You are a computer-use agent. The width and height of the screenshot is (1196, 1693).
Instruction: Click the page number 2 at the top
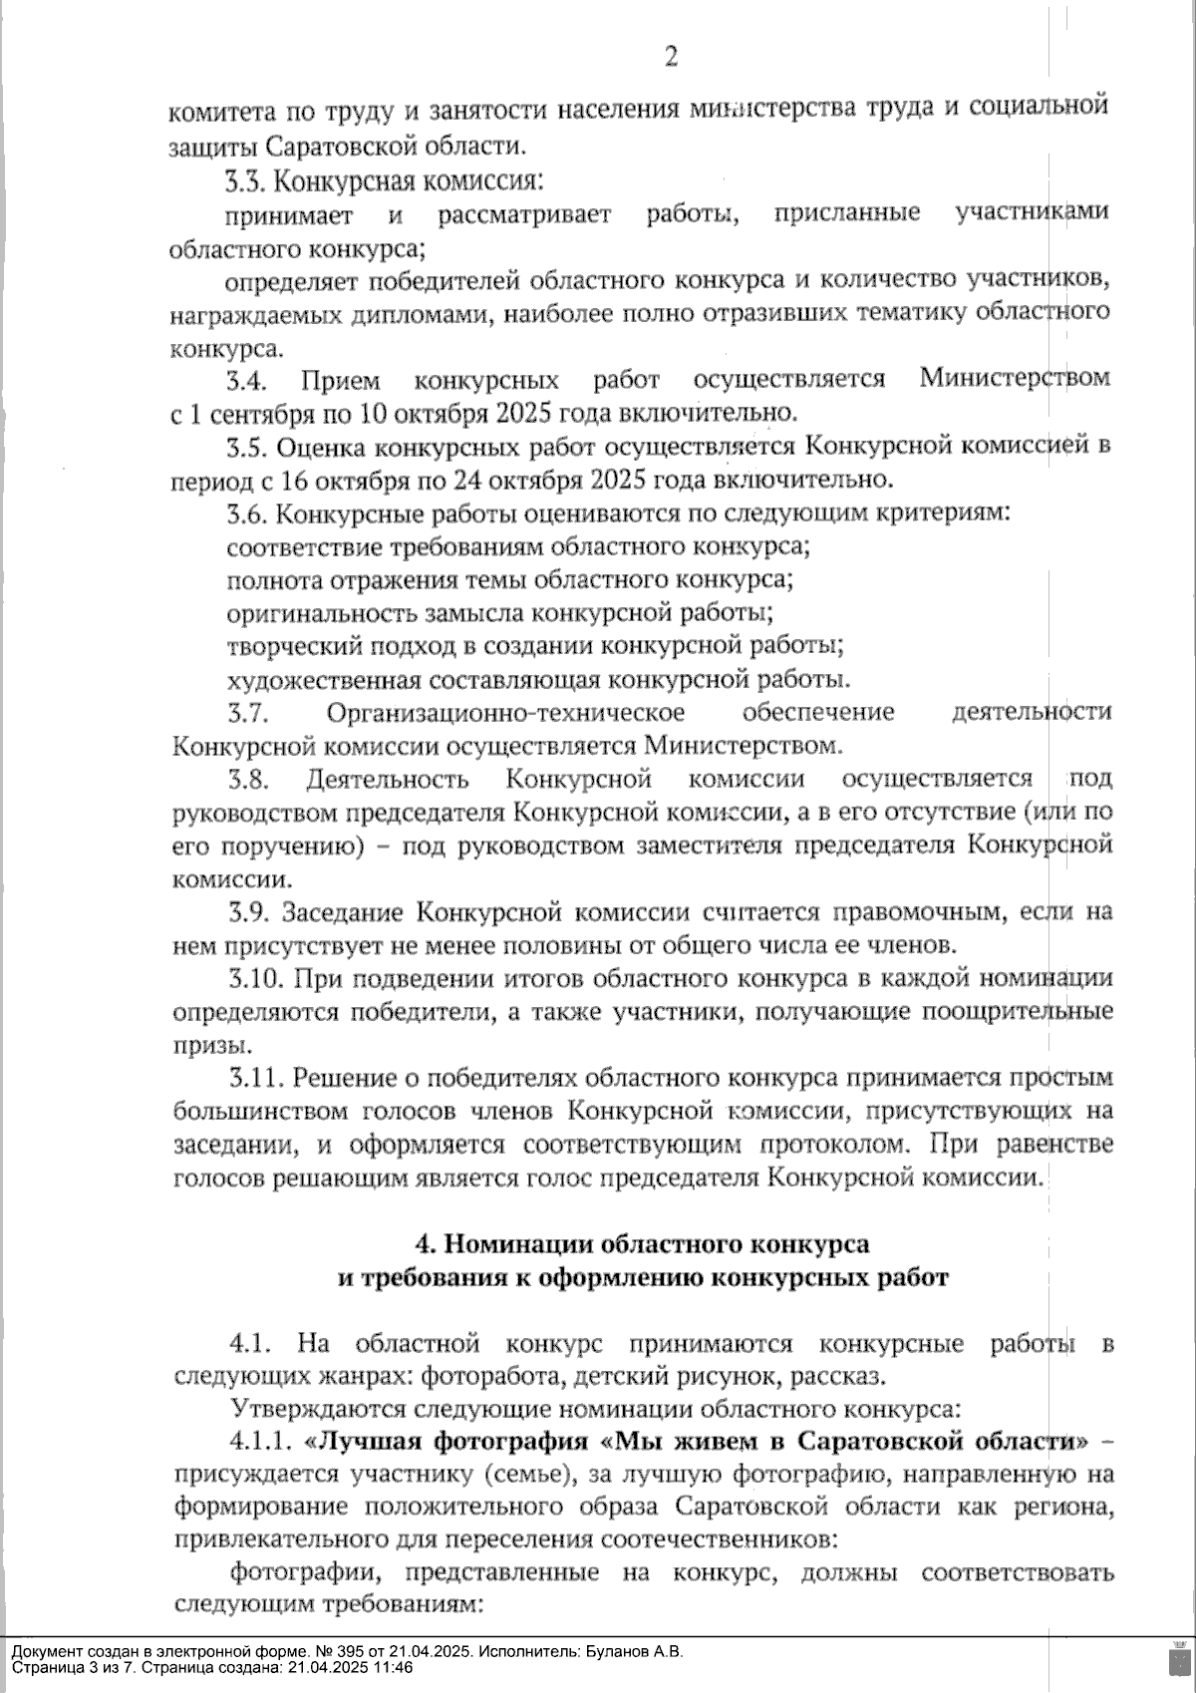671,57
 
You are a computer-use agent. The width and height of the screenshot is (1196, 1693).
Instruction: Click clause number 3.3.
244,182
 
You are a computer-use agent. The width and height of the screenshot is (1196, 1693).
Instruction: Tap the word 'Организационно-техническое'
505,713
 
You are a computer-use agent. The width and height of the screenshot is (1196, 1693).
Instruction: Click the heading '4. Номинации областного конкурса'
641,1243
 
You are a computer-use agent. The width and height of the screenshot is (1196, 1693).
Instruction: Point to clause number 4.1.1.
261,1442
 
